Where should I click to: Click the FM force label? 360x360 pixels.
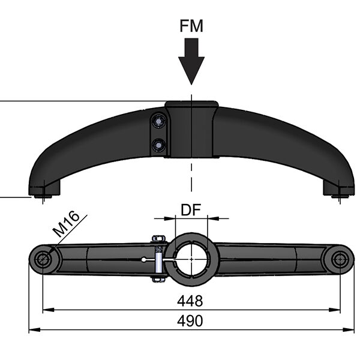click(x=191, y=26)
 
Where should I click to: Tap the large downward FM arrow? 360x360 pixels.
click(x=191, y=61)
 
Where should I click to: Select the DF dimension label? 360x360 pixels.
click(x=191, y=209)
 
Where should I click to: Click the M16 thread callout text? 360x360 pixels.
click(x=66, y=224)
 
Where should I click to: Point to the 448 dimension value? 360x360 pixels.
click(x=190, y=301)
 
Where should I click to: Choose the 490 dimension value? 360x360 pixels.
click(x=190, y=321)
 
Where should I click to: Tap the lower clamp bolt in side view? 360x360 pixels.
click(x=158, y=145)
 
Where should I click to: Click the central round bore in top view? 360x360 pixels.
click(x=191, y=259)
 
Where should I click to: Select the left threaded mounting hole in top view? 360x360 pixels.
click(x=43, y=259)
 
